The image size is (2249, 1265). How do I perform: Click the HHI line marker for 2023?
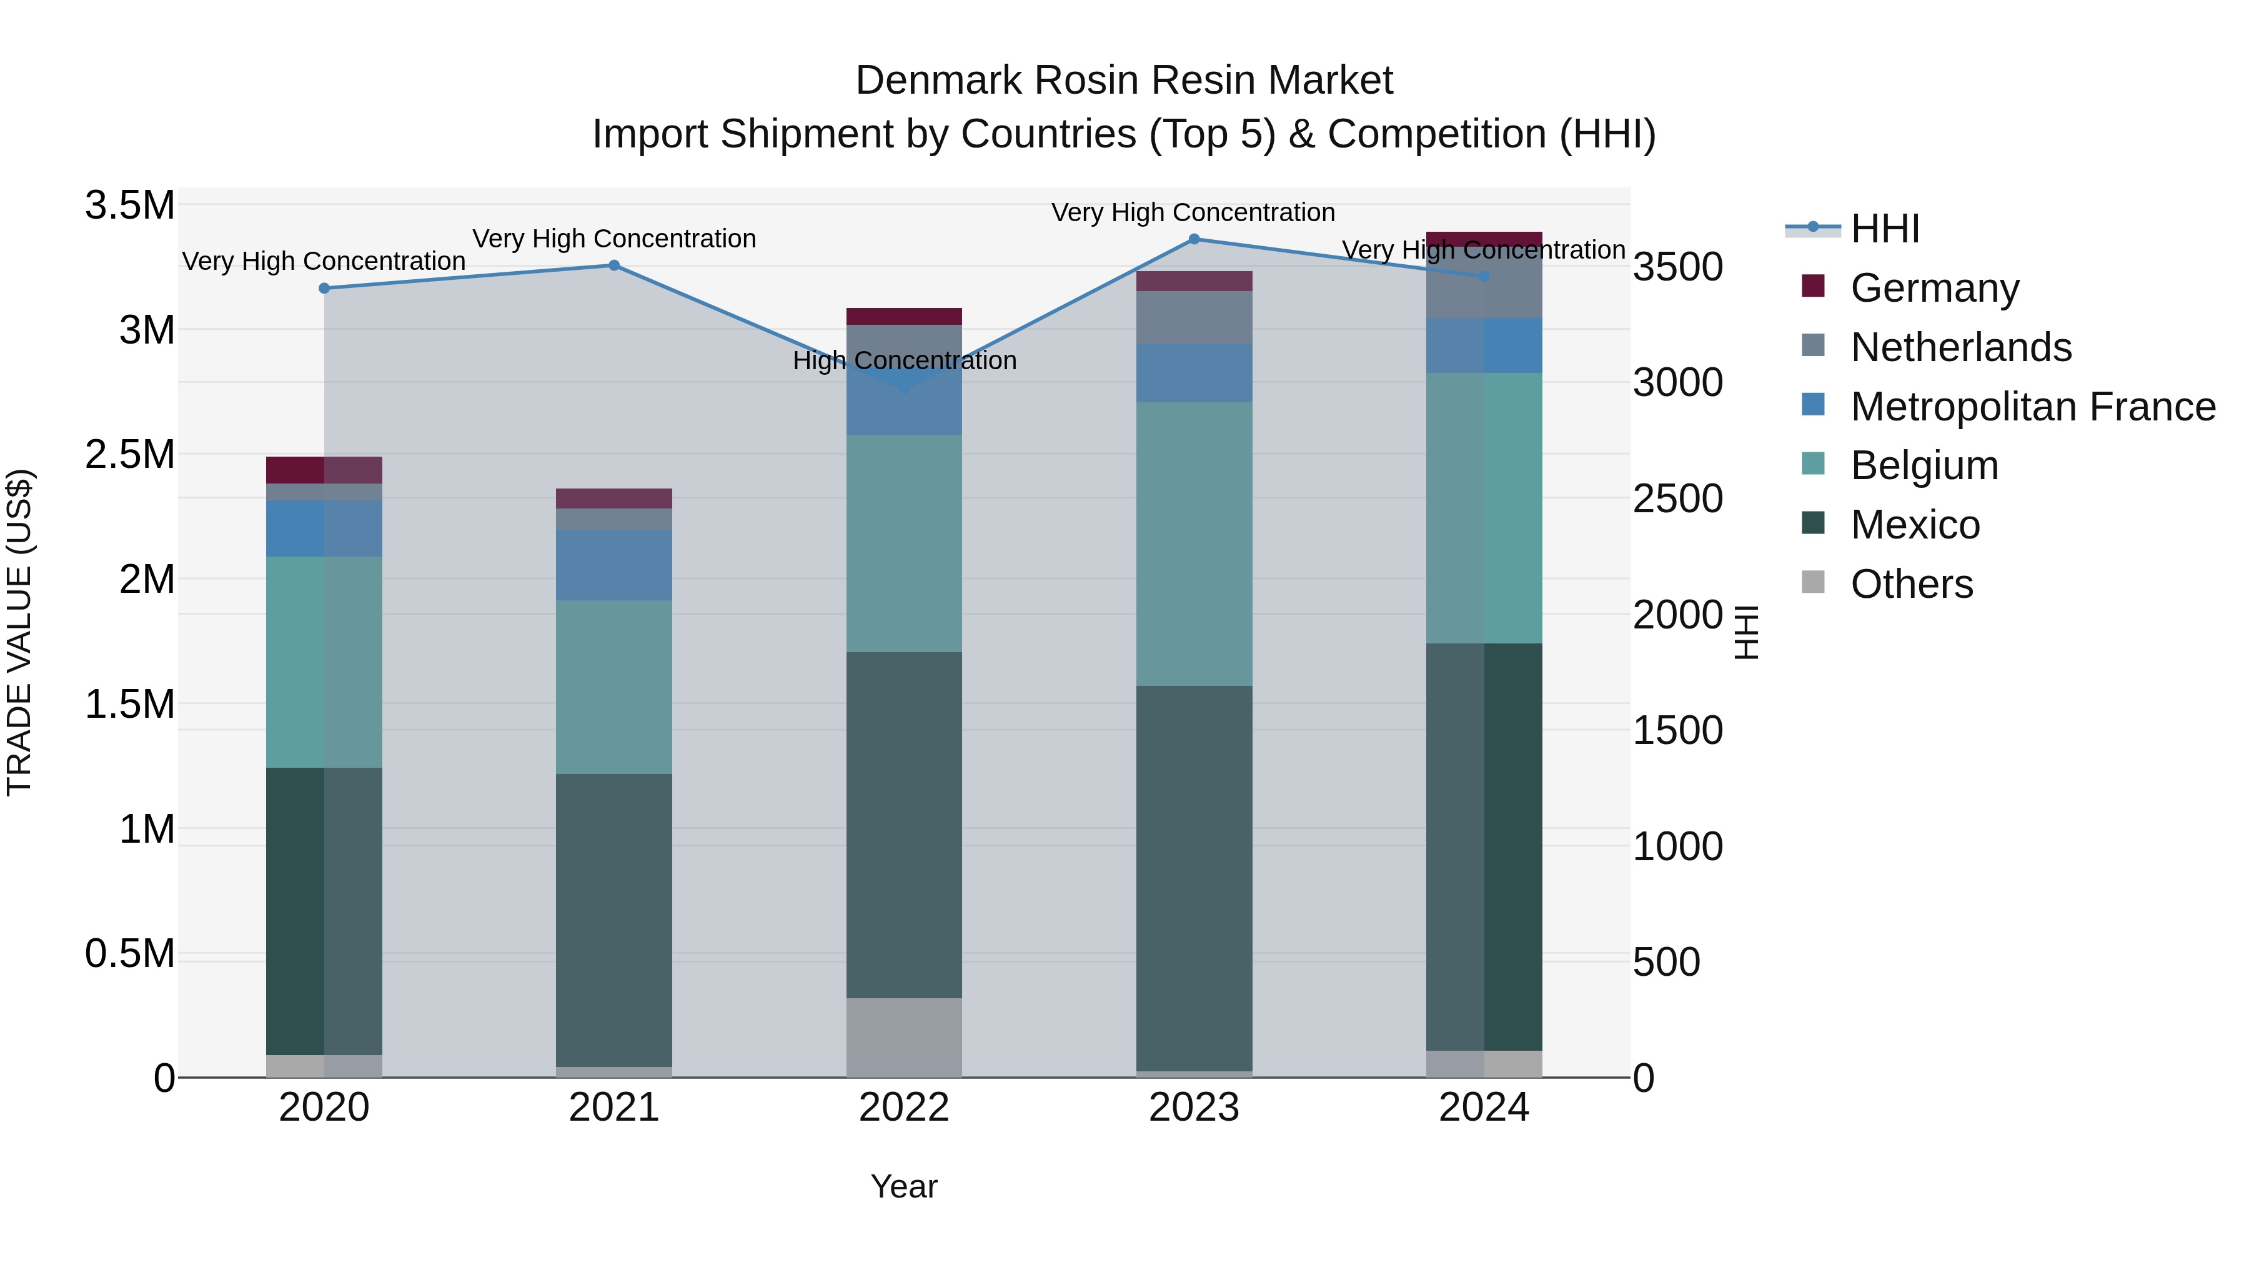click(1193, 239)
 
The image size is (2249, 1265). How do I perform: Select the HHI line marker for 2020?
click(324, 288)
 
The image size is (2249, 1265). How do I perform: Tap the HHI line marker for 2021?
click(613, 265)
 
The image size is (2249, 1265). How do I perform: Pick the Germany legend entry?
click(1934, 288)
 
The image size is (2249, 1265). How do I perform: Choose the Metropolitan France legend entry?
click(2032, 407)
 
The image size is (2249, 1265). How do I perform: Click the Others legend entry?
click(1911, 584)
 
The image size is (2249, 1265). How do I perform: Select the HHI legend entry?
click(1884, 229)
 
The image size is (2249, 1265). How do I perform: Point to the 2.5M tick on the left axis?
click(130, 455)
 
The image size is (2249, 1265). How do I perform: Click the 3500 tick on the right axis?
click(1677, 267)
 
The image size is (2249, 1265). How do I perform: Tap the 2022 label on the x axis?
click(903, 1108)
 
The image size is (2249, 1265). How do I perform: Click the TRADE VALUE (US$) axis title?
click(19, 632)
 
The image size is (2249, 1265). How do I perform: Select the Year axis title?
click(903, 1186)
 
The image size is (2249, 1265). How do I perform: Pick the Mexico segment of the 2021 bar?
click(613, 920)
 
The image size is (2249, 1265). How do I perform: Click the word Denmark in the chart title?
click(938, 81)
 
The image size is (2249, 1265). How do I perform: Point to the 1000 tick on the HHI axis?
click(1677, 846)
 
